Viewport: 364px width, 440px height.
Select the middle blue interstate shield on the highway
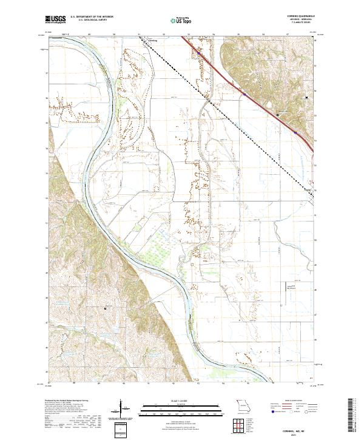[x=244, y=95]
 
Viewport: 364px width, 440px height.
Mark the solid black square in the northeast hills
[x=306, y=96]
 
